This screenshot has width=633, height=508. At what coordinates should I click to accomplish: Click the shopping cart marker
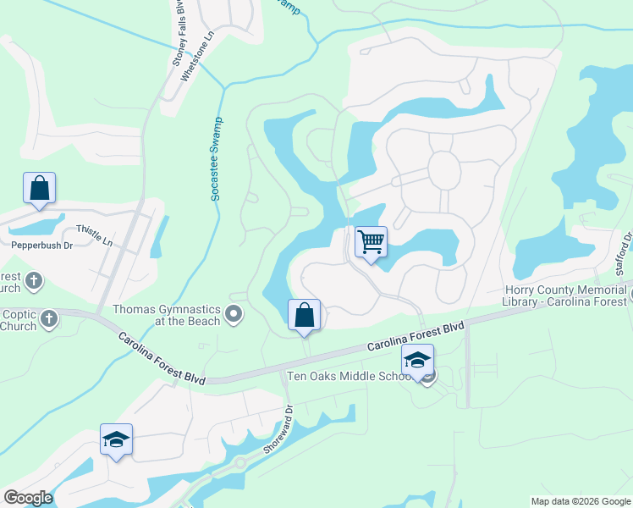coord(371,242)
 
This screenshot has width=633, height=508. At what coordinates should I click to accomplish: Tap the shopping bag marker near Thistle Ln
coord(39,188)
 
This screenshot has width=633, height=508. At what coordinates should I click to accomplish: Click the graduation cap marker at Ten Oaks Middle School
coord(416,360)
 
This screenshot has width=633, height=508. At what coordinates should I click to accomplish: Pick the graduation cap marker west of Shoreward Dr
coord(116,439)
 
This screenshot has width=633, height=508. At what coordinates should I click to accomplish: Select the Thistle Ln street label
coord(94,235)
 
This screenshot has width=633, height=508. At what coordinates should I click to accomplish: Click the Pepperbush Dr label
coord(42,246)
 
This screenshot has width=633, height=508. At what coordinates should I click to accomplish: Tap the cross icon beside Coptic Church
coord(49,319)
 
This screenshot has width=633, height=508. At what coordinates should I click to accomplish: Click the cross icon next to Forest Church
coord(34,279)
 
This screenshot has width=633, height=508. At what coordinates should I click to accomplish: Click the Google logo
coord(28,497)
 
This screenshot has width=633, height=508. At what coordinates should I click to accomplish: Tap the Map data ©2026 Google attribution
coord(581,500)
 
